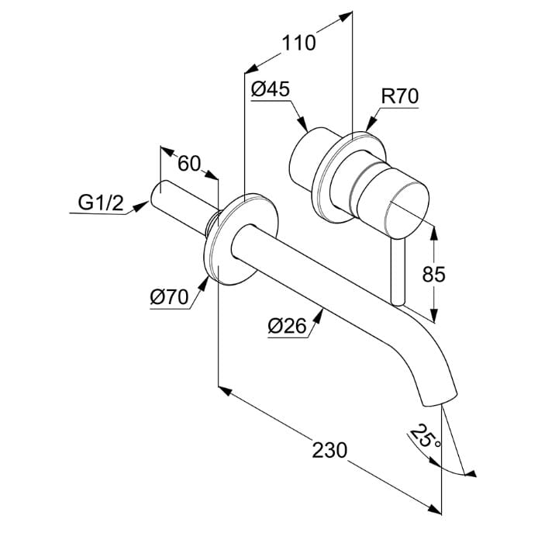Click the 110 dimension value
click(298, 43)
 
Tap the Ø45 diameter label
click(271, 89)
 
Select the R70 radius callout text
click(400, 96)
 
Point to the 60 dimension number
click(189, 163)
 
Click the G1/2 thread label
click(101, 202)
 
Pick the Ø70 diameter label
click(169, 296)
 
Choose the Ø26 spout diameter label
click(287, 325)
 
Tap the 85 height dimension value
click(433, 275)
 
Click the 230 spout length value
click(329, 450)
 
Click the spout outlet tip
click(440, 402)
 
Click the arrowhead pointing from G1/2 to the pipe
click(141, 206)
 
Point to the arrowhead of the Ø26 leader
click(319, 316)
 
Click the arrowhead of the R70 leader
click(371, 123)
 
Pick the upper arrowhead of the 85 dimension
click(434, 234)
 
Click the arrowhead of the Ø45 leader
click(302, 123)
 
